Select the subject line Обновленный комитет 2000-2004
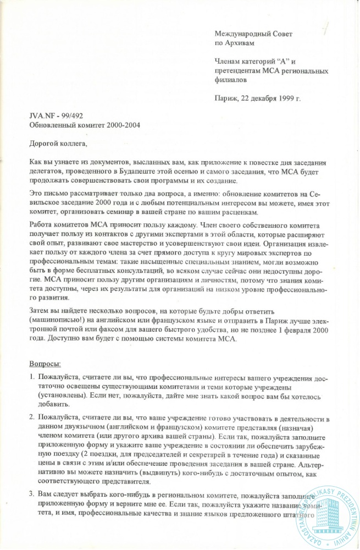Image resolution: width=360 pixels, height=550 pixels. pyautogui.click(x=85, y=125)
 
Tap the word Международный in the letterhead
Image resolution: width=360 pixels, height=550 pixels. pyautogui.click(x=238, y=34)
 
